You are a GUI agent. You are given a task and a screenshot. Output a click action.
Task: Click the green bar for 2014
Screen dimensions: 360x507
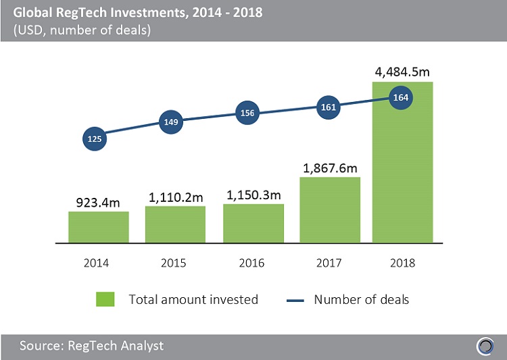tap(99, 227)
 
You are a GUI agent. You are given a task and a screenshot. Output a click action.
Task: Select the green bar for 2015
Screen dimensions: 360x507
tap(176, 224)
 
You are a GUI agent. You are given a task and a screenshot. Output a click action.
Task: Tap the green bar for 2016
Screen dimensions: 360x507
tap(254, 223)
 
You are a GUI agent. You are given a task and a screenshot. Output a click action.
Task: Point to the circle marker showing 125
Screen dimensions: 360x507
tap(94, 139)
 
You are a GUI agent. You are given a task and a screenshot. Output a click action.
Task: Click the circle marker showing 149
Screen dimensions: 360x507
tap(171, 122)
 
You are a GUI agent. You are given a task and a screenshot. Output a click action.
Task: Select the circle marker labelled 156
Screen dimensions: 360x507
tap(247, 113)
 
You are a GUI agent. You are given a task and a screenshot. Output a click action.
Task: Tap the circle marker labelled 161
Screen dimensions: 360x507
tap(326, 106)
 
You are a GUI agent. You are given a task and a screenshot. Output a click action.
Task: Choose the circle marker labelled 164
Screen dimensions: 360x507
tap(402, 97)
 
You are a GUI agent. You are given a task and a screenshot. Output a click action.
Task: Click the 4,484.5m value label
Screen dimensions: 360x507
tap(403, 70)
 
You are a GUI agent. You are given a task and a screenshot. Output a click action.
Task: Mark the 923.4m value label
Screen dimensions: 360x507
tap(99, 201)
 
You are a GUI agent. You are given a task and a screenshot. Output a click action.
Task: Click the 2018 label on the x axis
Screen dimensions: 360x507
tap(402, 263)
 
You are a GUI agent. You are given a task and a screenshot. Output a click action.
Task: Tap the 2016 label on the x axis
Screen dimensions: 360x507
tap(253, 263)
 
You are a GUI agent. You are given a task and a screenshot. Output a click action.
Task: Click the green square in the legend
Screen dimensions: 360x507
tap(105, 299)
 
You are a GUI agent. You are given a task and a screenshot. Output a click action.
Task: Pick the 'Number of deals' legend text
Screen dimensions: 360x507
tap(362, 299)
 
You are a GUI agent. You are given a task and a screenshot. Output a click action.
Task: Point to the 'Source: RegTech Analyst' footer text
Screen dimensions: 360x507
tap(91, 346)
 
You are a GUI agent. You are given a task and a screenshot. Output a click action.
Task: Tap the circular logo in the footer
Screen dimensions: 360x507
tap(485, 346)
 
